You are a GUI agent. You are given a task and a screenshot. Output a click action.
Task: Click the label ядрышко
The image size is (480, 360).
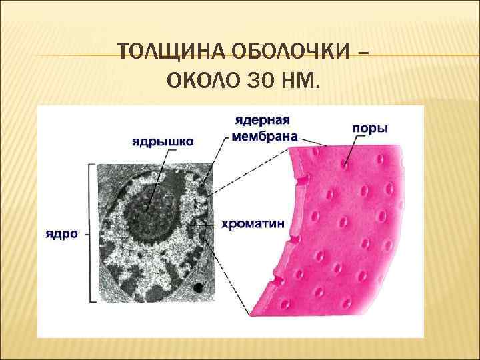[x=163, y=141]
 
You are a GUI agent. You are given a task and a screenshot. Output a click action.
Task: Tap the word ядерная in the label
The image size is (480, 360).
[x=262, y=121]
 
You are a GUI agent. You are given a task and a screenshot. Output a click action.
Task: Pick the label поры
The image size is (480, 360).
[x=369, y=127]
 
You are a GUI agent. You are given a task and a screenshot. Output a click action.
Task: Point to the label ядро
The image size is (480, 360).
[x=62, y=234]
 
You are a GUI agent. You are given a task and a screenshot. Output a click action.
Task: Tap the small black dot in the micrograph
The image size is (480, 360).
[x=198, y=287]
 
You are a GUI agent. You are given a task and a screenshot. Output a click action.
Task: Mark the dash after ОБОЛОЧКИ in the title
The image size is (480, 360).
[x=362, y=52]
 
